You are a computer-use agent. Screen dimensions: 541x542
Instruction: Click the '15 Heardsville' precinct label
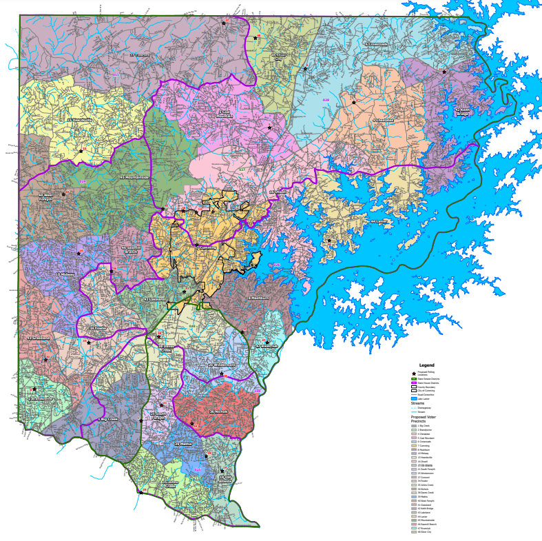click(79, 120)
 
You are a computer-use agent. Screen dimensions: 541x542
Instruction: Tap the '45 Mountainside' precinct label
click(134, 177)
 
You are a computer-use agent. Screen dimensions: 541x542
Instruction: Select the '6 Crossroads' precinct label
click(375, 43)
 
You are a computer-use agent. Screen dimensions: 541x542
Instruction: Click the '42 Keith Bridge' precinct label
click(462, 110)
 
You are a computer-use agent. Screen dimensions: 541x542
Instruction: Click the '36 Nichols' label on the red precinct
click(218, 411)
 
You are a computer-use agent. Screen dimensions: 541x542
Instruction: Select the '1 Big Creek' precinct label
click(108, 418)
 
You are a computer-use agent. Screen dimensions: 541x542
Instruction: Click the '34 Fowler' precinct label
click(97, 329)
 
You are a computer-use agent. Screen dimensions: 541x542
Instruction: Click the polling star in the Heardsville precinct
click(81, 151)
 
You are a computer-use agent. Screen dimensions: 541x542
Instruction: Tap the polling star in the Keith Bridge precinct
click(444, 72)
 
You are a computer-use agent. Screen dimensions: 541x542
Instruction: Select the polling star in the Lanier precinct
click(329, 241)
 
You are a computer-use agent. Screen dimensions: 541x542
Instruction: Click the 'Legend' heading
click(427, 365)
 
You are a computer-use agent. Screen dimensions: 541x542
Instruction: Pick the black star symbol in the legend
click(415, 373)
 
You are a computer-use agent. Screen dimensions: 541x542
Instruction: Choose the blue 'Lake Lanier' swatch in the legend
click(415, 398)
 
